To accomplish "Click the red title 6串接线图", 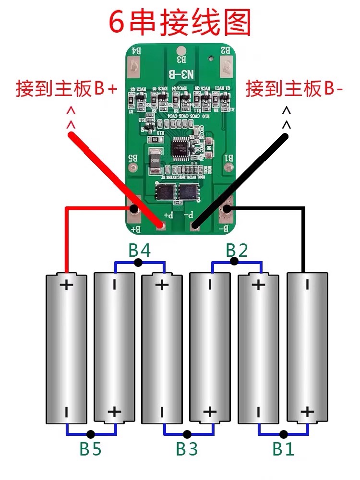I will pyautogui.click(x=180, y=22).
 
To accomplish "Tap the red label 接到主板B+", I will pyautogui.click(x=66, y=89).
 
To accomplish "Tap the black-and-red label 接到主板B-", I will pyautogui.click(x=294, y=89).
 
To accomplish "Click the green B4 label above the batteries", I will pyautogui.click(x=139, y=251).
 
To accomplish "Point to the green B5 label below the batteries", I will pyautogui.click(x=90, y=449).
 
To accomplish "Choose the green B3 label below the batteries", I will pyautogui.click(x=187, y=449).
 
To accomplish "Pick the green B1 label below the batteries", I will pyautogui.click(x=283, y=449).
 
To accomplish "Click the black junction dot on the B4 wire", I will pyautogui.click(x=138, y=262).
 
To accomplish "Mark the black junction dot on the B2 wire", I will pyautogui.click(x=234, y=262).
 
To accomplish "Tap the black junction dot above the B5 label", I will pyautogui.click(x=91, y=434).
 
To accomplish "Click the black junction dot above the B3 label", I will pyautogui.click(x=187, y=434).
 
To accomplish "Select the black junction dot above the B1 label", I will pyautogui.click(x=284, y=434).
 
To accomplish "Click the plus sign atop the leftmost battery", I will pyautogui.click(x=66, y=285).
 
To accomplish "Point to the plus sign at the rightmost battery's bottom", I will pyautogui.click(x=307, y=412).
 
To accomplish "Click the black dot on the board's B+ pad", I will pyautogui.click(x=134, y=209).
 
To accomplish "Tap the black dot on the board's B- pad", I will pyautogui.click(x=227, y=209).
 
